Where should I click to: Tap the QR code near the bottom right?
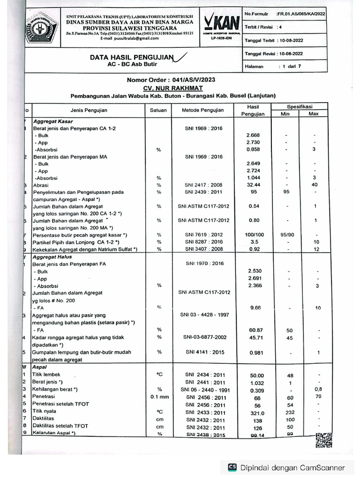324,441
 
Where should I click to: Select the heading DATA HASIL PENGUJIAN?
132,58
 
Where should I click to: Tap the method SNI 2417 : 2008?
203,185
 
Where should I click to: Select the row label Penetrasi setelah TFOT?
60,404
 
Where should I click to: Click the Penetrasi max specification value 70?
318,397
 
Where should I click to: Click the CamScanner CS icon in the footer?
232,467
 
